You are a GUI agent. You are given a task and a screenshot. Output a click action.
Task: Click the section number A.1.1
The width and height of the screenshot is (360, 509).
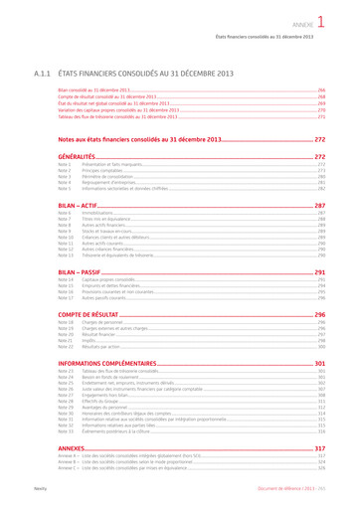tap(43, 74)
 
